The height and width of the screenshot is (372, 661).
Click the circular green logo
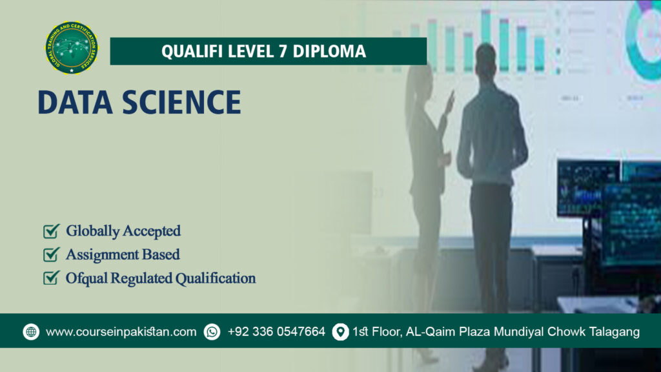pyautogui.click(x=72, y=47)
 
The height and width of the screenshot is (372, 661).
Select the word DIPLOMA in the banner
pyautogui.click(x=329, y=52)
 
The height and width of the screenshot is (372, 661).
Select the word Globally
pyautogui.click(x=93, y=231)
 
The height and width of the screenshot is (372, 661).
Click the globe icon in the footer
pyautogui.click(x=31, y=332)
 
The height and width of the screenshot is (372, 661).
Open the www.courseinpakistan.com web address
pyautogui.click(x=121, y=332)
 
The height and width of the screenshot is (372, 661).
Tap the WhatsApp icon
pyautogui.click(x=212, y=332)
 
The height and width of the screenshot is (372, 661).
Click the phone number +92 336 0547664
pyautogui.click(x=276, y=332)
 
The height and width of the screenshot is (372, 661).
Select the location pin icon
pyautogui.click(x=340, y=332)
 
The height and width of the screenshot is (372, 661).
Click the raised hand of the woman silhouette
pyautogui.click(x=449, y=99)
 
